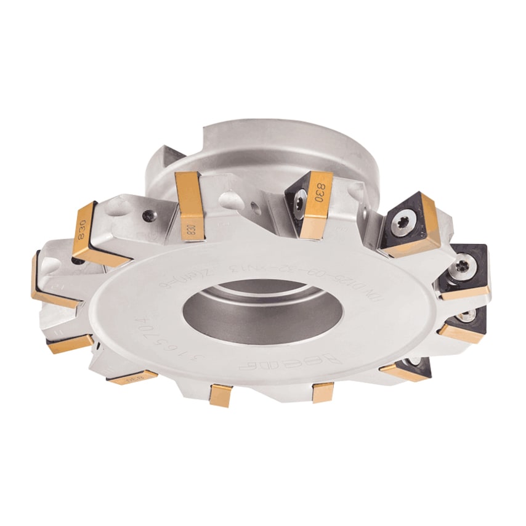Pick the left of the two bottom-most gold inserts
pos(220,395)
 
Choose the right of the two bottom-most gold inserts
pos(323,392)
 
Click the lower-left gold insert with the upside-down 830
pos(133,376)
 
